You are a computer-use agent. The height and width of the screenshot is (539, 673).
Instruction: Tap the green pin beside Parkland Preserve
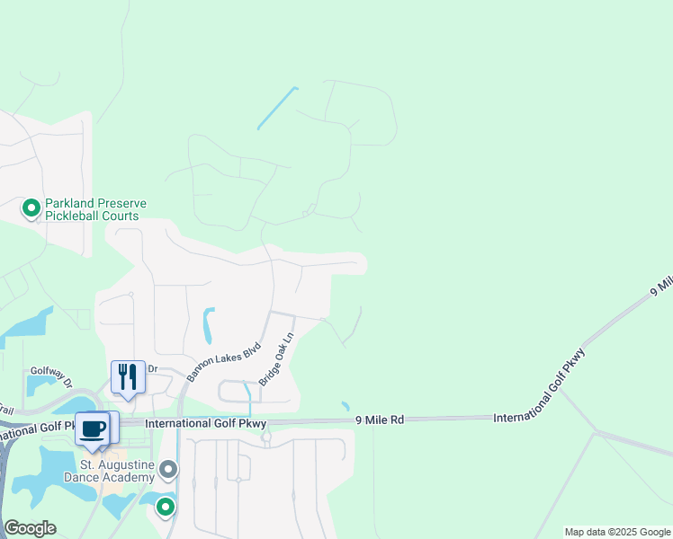tap(31, 209)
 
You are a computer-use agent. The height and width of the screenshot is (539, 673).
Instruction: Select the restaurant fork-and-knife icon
tap(128, 376)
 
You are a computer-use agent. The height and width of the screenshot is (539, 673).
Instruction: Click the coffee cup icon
tap(93, 429)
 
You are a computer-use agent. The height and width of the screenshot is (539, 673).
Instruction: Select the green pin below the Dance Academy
tap(166, 508)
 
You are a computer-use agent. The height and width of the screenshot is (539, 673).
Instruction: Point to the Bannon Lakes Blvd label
tap(224, 361)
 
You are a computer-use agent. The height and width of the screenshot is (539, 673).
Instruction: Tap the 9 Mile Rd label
tap(381, 419)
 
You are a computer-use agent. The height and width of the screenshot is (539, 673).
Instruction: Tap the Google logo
tap(30, 528)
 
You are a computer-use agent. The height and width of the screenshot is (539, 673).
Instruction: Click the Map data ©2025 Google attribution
tap(617, 532)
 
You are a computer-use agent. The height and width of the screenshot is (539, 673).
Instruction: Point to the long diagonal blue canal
tap(277, 108)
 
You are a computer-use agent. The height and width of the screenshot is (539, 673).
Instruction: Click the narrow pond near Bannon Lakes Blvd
tap(209, 325)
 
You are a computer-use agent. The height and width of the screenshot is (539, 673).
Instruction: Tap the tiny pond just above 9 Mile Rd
tap(345, 406)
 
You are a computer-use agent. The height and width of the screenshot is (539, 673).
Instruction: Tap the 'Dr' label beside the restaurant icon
tap(152, 368)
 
